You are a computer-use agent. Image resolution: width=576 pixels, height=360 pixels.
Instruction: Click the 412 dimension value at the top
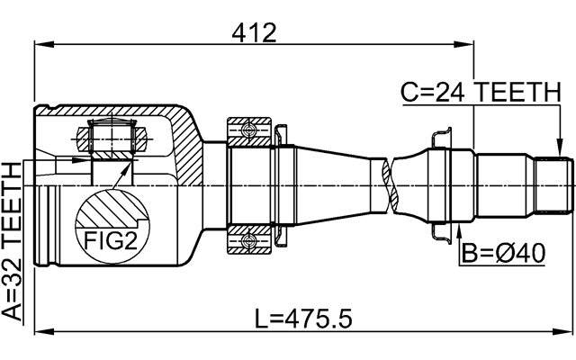pos(253,32)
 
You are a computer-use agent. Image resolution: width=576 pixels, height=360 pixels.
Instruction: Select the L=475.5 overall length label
pos(305,318)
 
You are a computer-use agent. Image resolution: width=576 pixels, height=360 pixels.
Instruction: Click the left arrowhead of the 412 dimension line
pos(39,41)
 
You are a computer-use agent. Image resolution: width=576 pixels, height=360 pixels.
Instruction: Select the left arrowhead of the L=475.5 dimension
pos(39,332)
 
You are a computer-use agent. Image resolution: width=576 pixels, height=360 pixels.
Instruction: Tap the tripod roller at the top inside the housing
pos(111,139)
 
